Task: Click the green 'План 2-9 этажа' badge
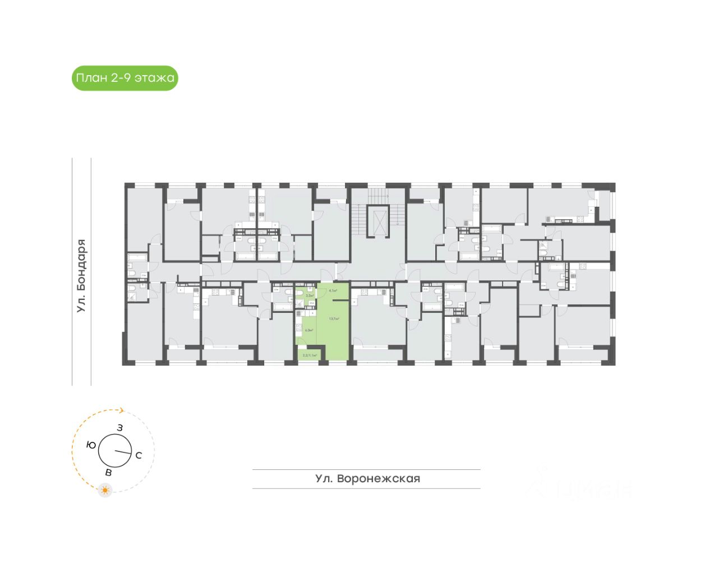(x=125, y=78)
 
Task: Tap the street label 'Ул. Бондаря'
(x=82, y=275)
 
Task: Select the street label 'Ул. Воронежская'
(x=367, y=479)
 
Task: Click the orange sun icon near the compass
(x=105, y=490)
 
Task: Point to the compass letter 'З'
(x=119, y=428)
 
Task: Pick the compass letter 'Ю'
(x=90, y=445)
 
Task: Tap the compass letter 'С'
(x=139, y=455)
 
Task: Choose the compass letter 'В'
(x=109, y=473)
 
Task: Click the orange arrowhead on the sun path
(x=121, y=410)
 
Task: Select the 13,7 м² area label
(x=334, y=319)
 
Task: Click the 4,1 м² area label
(x=333, y=290)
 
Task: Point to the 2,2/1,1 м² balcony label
(x=310, y=356)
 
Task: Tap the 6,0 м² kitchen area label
(x=309, y=330)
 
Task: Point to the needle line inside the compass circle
(x=122, y=452)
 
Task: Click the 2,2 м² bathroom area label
(x=309, y=296)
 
